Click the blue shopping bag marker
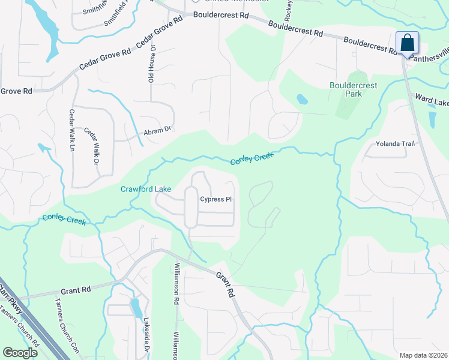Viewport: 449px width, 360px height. click(407, 44)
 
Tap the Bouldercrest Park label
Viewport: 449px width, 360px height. click(354, 90)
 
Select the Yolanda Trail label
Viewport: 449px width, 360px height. click(395, 143)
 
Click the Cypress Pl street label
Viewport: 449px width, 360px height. click(215, 199)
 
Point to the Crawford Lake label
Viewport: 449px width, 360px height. click(145, 189)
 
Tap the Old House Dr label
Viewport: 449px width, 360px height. click(152, 64)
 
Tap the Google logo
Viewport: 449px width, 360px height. click(20, 353)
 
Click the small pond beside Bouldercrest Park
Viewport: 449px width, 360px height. click(302, 98)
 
